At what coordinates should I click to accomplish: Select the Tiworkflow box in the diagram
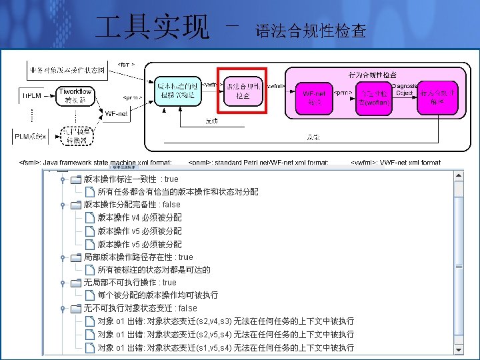point(75,95)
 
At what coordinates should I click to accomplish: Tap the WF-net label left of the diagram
point(117,114)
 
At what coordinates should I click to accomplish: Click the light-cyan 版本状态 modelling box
point(177,91)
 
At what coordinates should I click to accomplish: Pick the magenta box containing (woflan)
point(372,97)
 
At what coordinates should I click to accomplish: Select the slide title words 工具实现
point(153,27)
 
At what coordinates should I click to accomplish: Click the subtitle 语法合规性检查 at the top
point(311,31)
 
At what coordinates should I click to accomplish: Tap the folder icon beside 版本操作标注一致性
point(76,179)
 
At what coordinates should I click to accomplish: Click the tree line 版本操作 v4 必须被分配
point(139,217)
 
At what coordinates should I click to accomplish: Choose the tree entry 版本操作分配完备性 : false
point(131,205)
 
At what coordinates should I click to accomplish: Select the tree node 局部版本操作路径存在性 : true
point(137,257)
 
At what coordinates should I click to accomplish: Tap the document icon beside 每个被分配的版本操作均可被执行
point(90,295)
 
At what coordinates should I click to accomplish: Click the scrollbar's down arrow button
point(458,348)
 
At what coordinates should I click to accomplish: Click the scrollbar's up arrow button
point(458,175)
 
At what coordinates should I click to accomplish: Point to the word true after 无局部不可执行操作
point(169,283)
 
